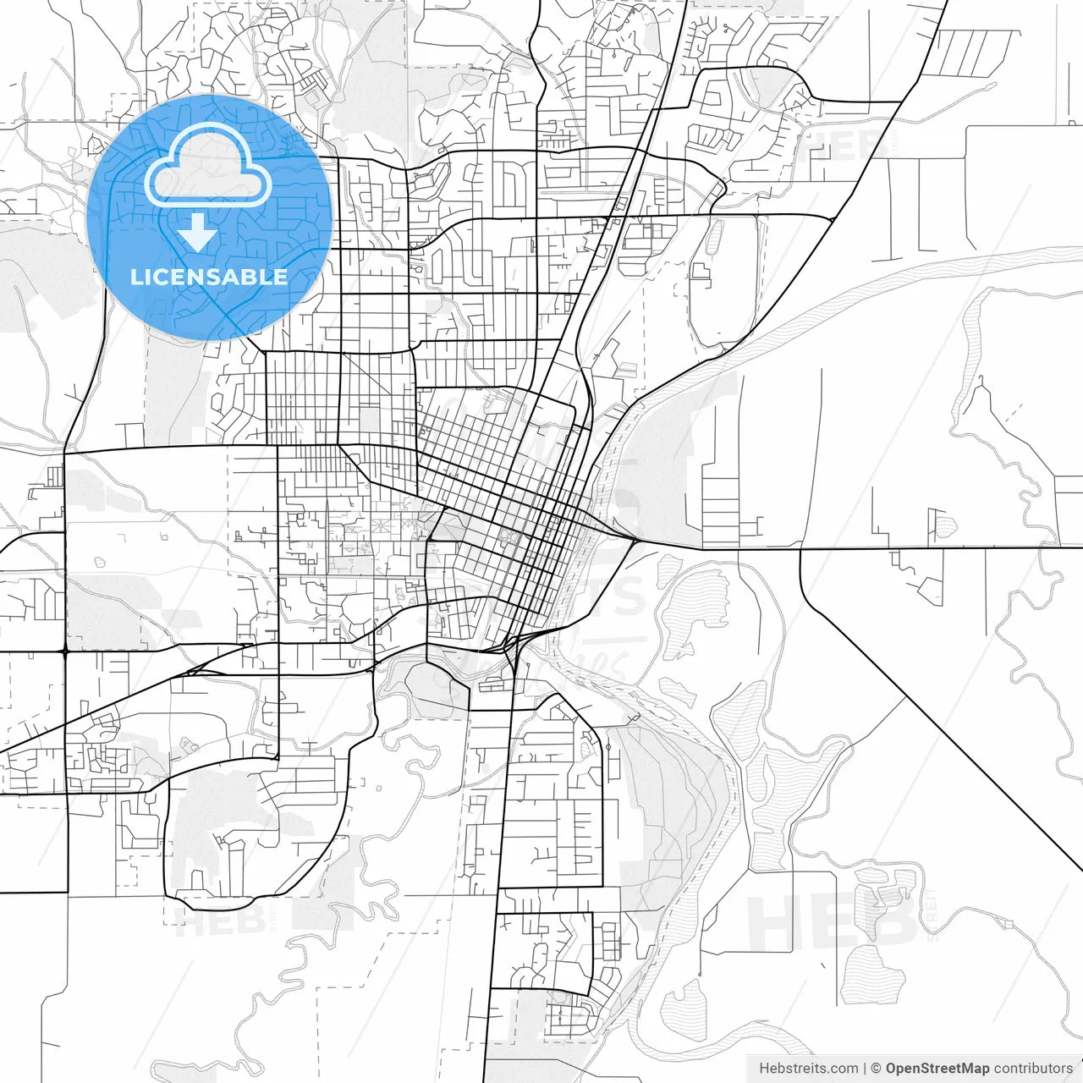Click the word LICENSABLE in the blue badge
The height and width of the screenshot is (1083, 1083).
point(208,277)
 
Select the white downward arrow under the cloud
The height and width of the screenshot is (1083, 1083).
point(198,232)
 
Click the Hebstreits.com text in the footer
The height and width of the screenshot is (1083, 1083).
point(809,1069)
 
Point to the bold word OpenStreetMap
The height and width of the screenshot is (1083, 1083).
point(937,1069)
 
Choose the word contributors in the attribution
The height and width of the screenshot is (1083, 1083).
point(1033,1069)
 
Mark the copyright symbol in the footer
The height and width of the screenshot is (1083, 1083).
point(877,1069)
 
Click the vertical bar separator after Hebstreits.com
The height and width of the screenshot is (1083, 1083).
point(865,1069)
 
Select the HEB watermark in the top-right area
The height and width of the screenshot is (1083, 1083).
point(846,146)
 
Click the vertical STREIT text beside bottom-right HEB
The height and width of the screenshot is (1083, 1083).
point(931,914)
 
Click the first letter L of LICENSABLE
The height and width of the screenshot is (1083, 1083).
point(135,277)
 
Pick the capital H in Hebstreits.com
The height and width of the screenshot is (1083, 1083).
point(764,1069)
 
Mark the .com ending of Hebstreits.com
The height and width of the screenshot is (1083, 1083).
point(843,1069)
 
